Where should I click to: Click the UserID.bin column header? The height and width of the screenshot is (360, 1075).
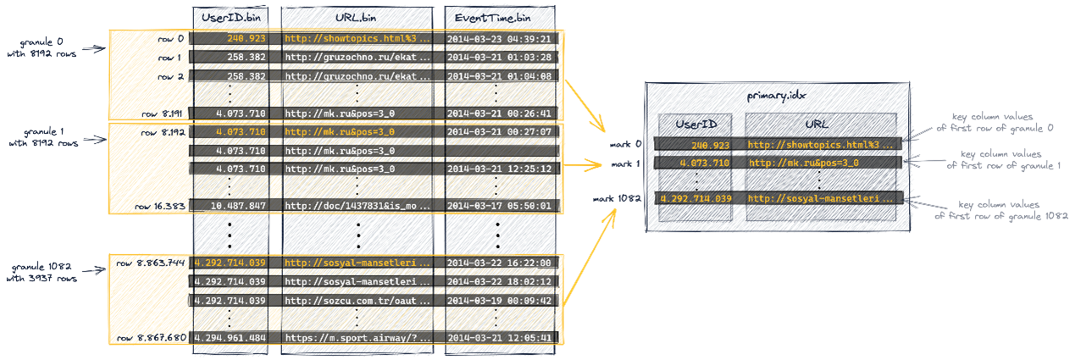tap(230, 18)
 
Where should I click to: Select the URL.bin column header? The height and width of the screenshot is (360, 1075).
tap(356, 18)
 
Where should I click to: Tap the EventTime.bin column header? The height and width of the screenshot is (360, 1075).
tap(493, 18)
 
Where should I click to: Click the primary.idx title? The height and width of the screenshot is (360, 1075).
tap(776, 96)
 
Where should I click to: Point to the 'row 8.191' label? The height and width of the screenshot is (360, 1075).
tap(162, 114)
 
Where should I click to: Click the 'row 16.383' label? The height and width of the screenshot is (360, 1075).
tap(160, 206)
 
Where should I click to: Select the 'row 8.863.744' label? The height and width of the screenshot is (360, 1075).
tap(150, 263)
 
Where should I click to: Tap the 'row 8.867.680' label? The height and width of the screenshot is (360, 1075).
tap(152, 338)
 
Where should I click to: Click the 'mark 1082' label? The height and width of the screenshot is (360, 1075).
tap(617, 198)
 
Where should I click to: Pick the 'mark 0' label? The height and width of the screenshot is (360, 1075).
tap(625, 144)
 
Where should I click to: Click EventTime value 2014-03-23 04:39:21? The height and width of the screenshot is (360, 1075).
tap(499, 39)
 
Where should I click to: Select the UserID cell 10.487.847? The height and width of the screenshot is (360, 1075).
tap(238, 206)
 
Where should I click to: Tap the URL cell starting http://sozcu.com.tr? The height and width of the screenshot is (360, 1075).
tap(357, 301)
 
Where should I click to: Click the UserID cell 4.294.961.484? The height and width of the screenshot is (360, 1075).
tap(230, 338)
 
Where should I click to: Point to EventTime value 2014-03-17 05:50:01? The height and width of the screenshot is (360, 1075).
tap(499, 206)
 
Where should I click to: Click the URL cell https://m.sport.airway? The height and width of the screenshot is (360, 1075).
tap(357, 338)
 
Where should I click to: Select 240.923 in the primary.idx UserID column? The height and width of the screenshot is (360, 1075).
tap(710, 145)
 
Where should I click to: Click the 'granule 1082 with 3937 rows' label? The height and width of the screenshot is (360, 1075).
tap(42, 272)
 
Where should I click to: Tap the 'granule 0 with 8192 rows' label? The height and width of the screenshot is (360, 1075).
tap(42, 47)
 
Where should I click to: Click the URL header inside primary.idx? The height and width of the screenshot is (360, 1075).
tap(817, 124)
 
